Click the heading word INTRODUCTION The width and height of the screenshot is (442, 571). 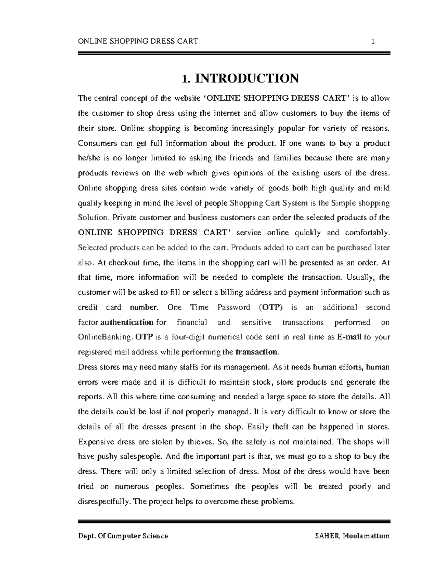click(x=246, y=78)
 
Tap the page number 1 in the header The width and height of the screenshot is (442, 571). click(x=373, y=41)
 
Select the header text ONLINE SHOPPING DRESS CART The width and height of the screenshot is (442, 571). click(x=138, y=41)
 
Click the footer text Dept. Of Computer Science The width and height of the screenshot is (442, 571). click(x=123, y=536)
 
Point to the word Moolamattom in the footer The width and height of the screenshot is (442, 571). click(x=366, y=536)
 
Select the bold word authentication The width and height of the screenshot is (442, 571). click(x=127, y=322)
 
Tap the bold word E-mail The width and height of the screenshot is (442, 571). click(x=349, y=337)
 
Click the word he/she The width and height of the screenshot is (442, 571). click(x=88, y=158)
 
